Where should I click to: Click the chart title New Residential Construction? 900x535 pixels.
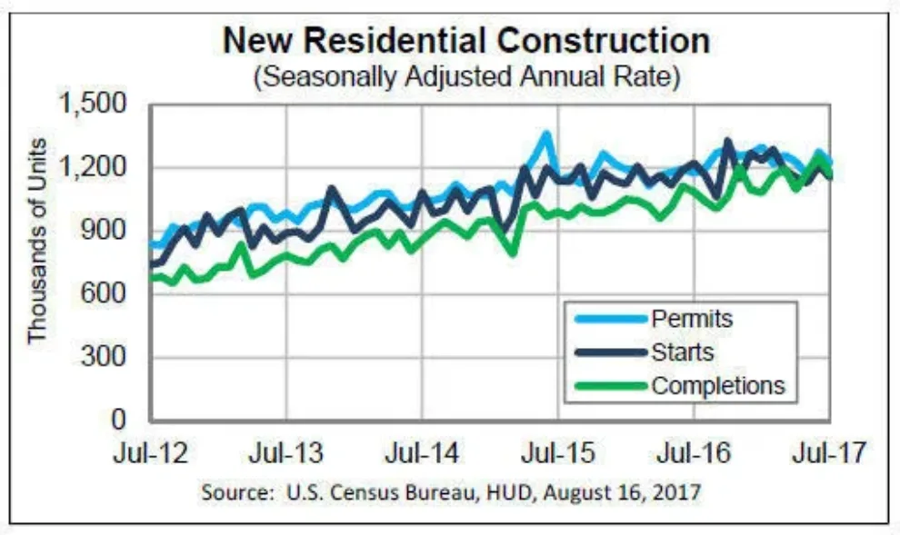coord(466,42)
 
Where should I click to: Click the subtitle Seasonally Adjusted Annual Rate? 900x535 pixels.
coord(466,77)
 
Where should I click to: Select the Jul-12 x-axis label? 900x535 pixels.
coord(150,451)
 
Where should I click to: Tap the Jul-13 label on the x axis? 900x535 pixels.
coord(286,451)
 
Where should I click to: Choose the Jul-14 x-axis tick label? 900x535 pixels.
coord(422,451)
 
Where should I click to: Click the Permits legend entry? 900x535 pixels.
coord(691,319)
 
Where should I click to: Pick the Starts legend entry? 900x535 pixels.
coord(682,352)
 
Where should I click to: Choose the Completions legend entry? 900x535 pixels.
coord(716,385)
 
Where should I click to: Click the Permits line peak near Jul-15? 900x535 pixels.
coord(545,135)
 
